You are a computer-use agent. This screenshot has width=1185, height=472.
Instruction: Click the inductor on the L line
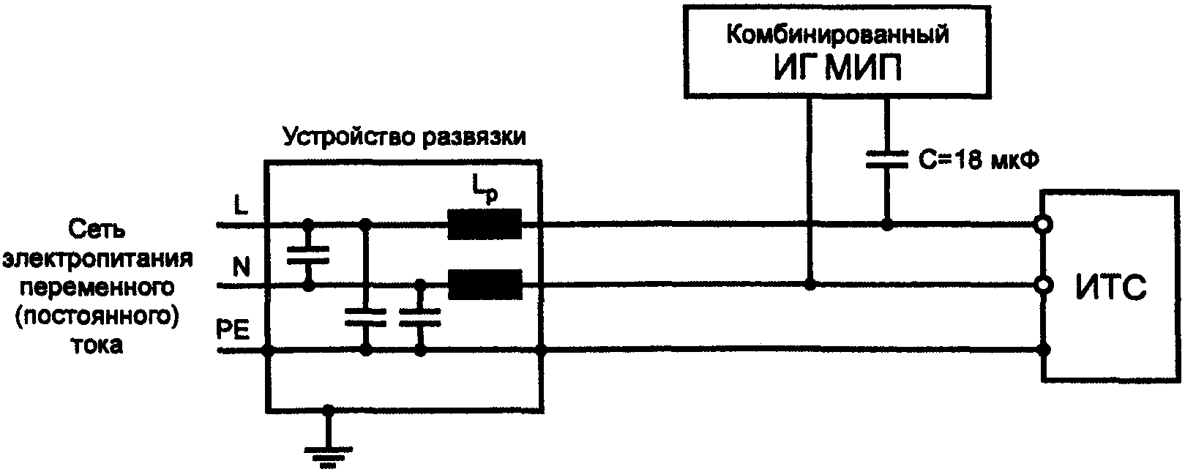[485, 225]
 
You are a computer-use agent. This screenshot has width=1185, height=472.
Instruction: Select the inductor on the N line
[485, 284]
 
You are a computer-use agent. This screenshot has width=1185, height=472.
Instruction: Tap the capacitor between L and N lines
[308, 254]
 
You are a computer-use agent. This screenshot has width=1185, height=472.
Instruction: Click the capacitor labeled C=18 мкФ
[886, 160]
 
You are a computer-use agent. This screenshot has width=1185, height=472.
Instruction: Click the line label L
[240, 206]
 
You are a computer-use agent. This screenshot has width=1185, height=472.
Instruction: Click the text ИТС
[1110, 288]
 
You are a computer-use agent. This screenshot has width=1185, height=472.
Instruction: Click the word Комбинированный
[837, 34]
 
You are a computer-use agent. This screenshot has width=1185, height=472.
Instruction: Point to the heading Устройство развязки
[405, 137]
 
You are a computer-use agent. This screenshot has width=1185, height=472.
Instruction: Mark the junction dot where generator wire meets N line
[810, 284]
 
